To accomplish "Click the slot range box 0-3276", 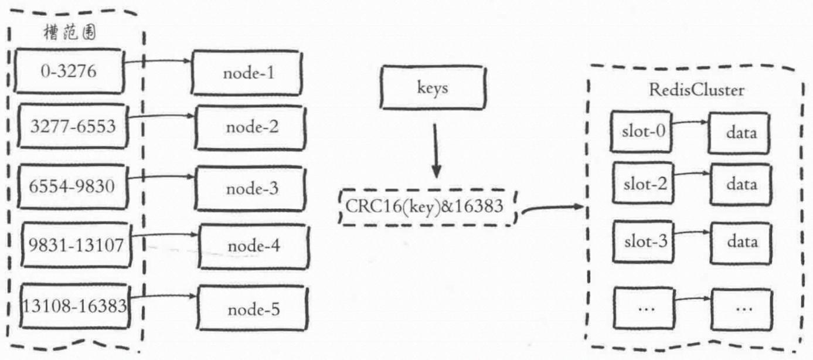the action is [x=69, y=71].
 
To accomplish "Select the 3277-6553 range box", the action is [x=73, y=126].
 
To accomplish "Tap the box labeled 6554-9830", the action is [x=73, y=186].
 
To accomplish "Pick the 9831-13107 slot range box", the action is [x=76, y=245].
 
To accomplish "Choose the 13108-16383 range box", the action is [x=75, y=306].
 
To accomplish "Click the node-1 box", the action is [x=247, y=73].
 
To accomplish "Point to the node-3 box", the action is [x=250, y=188].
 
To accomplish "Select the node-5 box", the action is [x=253, y=308].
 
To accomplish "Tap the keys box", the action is [x=433, y=87].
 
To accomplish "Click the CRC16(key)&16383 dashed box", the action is [x=427, y=208].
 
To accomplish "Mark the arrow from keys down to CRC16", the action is [x=436, y=151].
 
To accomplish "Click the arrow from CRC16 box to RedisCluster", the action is [x=552, y=209].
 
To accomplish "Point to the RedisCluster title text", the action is [x=696, y=90].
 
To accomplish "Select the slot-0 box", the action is [x=641, y=132].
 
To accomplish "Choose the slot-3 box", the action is [x=643, y=242].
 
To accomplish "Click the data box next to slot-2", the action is [x=741, y=184].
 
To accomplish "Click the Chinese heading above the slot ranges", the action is [x=70, y=33].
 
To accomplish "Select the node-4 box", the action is [x=254, y=246].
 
